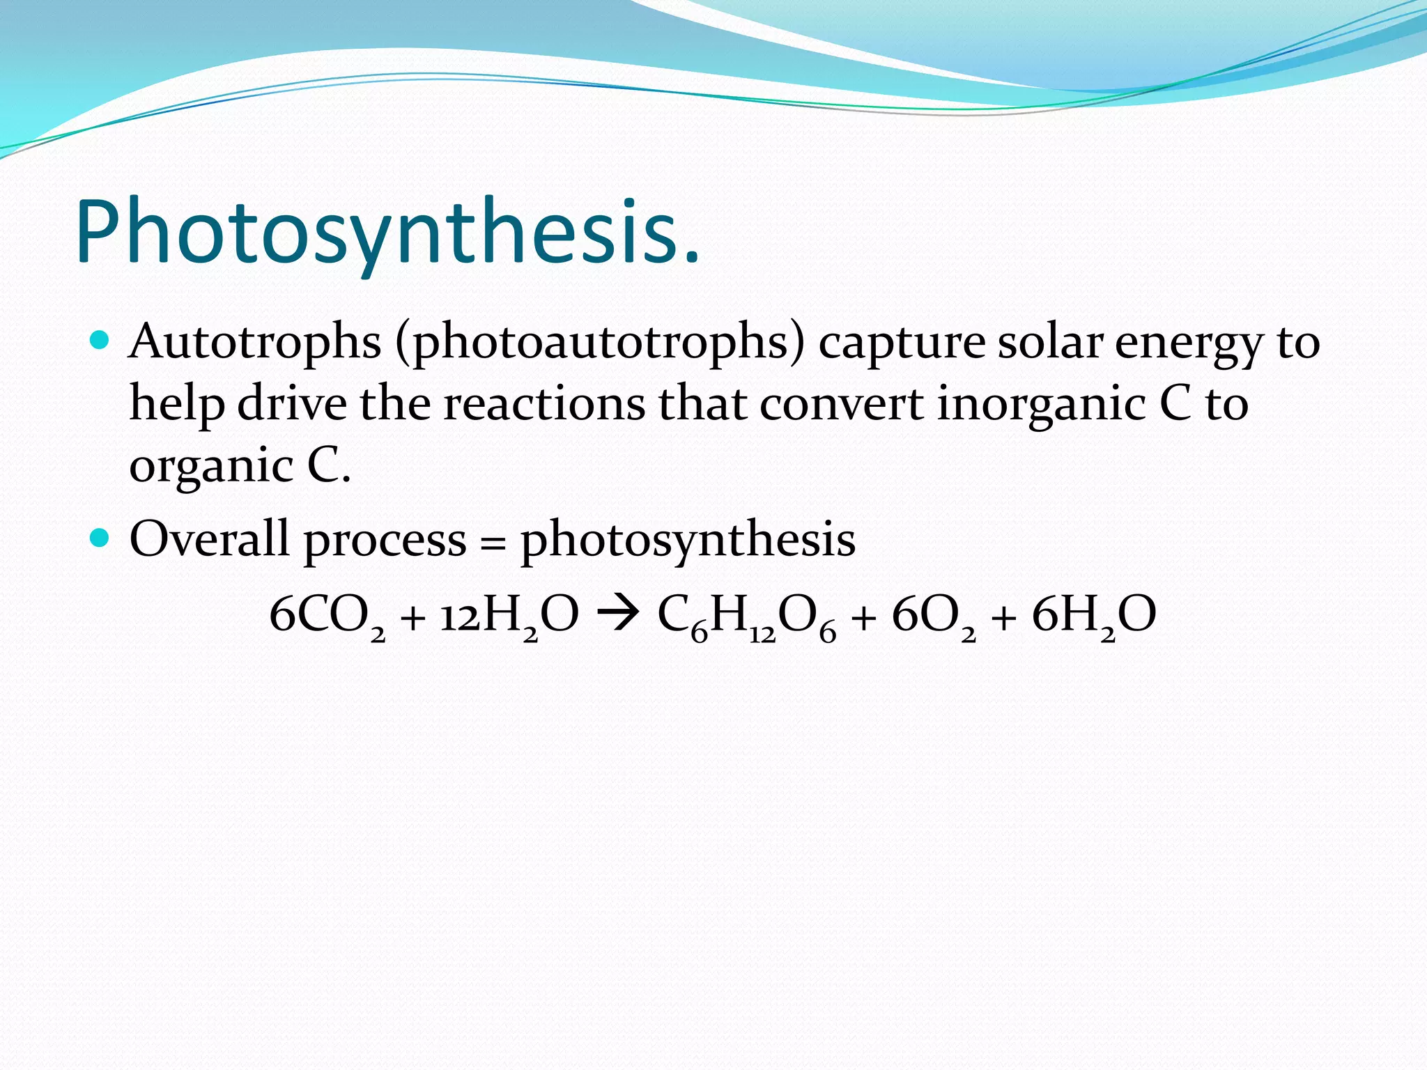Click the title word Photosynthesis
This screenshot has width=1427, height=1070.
click(x=387, y=233)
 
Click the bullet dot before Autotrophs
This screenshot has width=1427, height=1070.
click(x=100, y=341)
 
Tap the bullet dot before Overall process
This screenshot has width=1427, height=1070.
click(x=100, y=538)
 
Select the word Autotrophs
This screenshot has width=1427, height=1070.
click(x=255, y=343)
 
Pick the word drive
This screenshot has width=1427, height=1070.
click(x=292, y=404)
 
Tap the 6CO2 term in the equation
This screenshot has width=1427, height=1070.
click(x=327, y=616)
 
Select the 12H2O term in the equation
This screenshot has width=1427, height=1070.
click(x=509, y=616)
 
